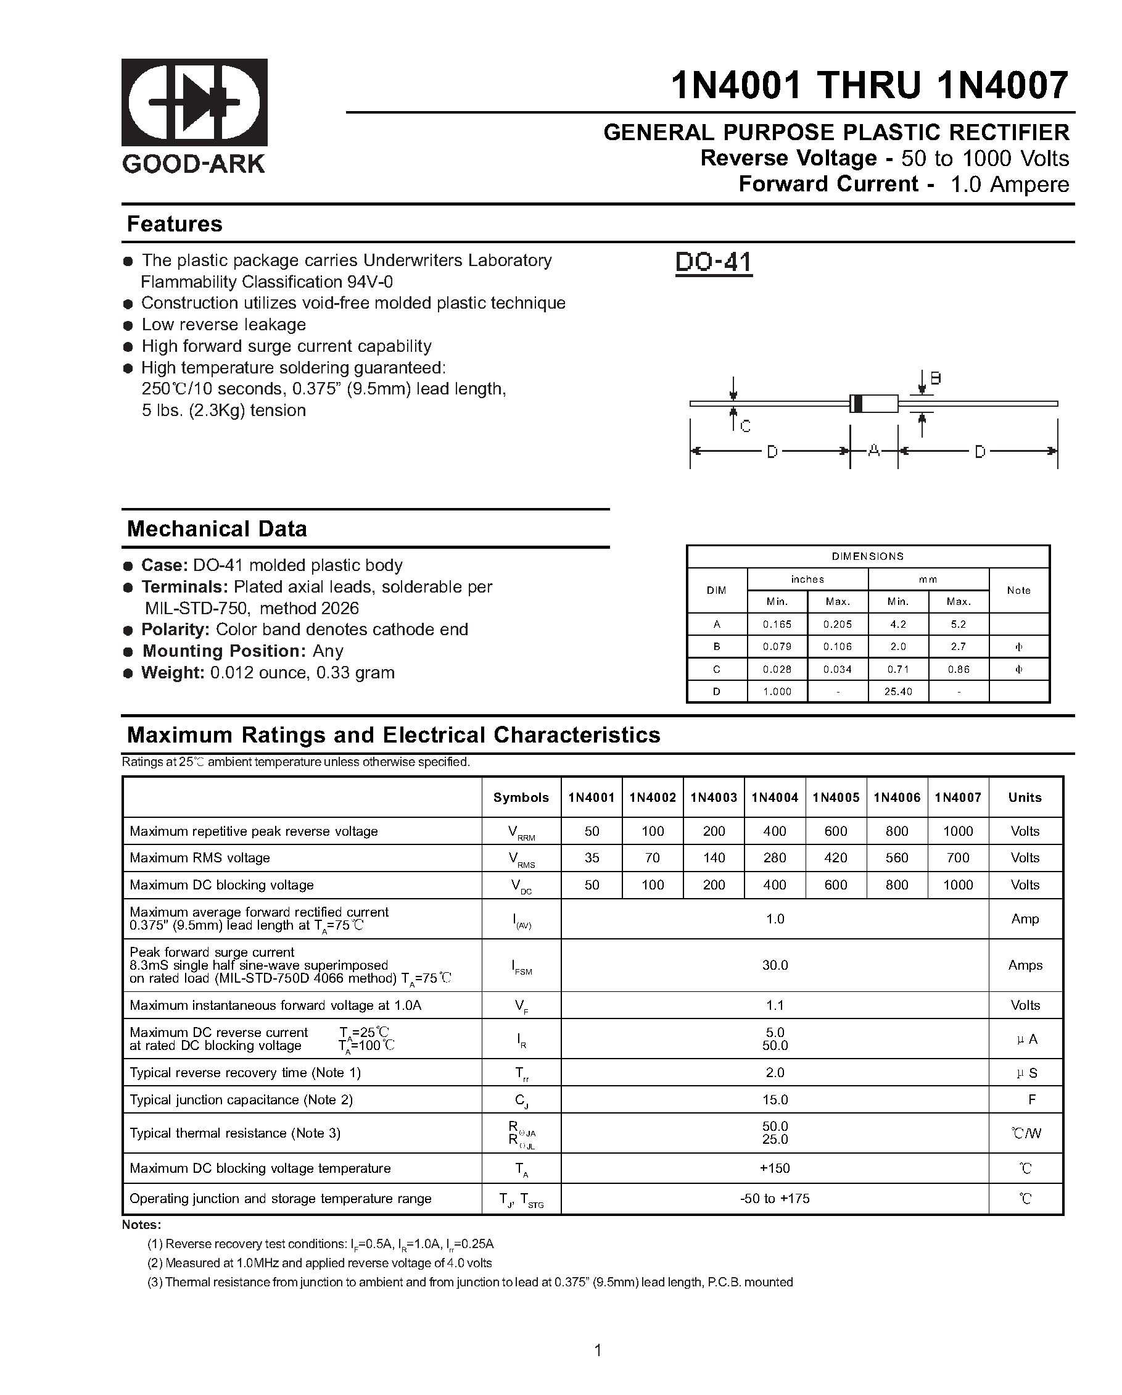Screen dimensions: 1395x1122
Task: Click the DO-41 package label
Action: (x=713, y=262)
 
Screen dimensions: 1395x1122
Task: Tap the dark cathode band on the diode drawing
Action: (x=857, y=403)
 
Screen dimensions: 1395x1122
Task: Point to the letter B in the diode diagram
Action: (x=935, y=378)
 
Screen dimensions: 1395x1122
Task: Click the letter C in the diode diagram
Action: (x=745, y=427)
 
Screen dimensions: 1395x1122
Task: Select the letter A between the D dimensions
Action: (x=873, y=451)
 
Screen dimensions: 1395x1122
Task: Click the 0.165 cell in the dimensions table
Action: (x=777, y=625)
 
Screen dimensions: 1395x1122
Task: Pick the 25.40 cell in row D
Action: (x=897, y=692)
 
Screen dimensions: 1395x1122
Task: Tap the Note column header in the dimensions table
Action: (x=1018, y=590)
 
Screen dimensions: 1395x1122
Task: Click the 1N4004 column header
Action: (x=774, y=797)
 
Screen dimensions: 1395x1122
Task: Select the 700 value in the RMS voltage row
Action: (x=957, y=858)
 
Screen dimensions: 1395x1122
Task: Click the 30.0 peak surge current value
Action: (x=774, y=965)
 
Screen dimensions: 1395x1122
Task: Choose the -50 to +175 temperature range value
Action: (x=774, y=1199)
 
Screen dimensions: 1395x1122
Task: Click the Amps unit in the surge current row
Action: (x=1025, y=965)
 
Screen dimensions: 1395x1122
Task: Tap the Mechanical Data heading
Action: (x=217, y=528)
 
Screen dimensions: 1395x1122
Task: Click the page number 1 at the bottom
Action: (x=598, y=1351)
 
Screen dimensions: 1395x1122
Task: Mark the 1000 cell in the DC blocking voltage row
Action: (x=957, y=885)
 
